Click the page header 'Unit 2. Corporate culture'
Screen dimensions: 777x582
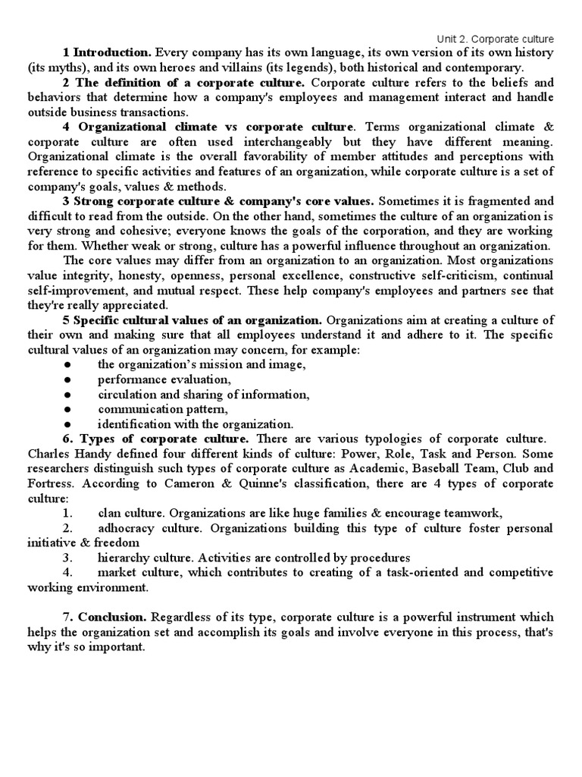click(x=496, y=39)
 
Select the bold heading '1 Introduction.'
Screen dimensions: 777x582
click(x=107, y=52)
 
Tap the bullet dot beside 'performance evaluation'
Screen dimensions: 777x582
click(x=67, y=379)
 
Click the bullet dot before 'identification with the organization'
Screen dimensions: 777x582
click(x=67, y=424)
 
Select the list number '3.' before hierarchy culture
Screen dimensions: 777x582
click(x=67, y=558)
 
